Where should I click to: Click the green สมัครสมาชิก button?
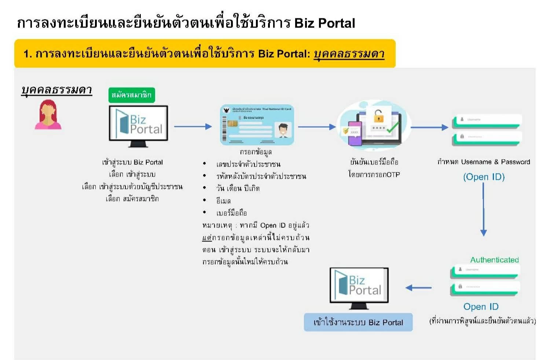click(132, 95)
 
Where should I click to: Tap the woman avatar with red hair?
click(48, 115)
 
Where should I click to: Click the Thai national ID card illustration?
click(257, 125)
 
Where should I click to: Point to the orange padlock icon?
click(378, 116)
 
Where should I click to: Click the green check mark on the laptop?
click(392, 128)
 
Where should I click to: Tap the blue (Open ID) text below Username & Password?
click(484, 177)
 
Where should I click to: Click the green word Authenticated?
click(494, 260)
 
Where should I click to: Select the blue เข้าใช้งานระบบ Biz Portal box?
click(358, 322)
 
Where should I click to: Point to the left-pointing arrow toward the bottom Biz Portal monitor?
click(418, 288)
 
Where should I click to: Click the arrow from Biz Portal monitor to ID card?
click(193, 127)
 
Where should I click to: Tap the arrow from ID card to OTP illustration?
click(316, 127)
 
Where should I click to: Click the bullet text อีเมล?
click(223, 201)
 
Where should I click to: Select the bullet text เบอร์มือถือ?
click(231, 213)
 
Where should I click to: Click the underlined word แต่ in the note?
click(207, 237)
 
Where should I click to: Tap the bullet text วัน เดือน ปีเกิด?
click(238, 188)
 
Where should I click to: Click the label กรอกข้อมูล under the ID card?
click(256, 152)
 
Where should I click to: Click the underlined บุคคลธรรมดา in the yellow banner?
click(349, 54)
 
